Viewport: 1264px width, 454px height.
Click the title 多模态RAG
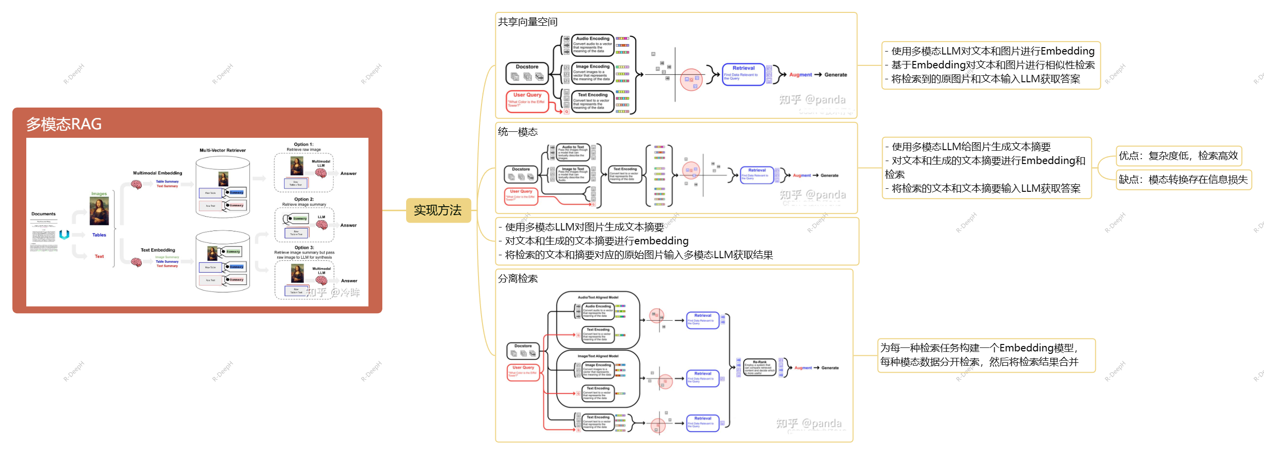[x=64, y=124]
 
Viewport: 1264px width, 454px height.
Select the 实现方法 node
[x=438, y=211]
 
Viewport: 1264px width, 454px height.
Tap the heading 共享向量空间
[x=528, y=22]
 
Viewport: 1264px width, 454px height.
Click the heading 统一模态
[x=518, y=132]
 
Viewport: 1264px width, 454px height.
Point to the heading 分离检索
[x=518, y=279]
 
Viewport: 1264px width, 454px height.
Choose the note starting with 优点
[x=1178, y=156]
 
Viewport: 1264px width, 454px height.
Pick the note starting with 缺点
[x=1183, y=179]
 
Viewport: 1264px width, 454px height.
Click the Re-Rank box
[x=759, y=367]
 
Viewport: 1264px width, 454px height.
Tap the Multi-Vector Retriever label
[x=223, y=150]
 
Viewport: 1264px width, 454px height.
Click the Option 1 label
[x=303, y=145]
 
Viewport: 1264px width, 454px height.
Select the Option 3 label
[x=304, y=247]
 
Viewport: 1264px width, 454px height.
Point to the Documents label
[x=44, y=214]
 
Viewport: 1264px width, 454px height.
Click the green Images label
[x=99, y=194]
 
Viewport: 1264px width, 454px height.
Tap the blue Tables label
[x=99, y=235]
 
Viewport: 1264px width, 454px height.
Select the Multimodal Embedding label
[x=157, y=173]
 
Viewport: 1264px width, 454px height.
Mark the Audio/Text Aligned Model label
[x=598, y=297]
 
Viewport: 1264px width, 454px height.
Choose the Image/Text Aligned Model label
[x=598, y=356]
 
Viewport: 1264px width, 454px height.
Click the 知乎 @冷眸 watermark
[x=332, y=292]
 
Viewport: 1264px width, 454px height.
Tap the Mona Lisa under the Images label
[x=99, y=211]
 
